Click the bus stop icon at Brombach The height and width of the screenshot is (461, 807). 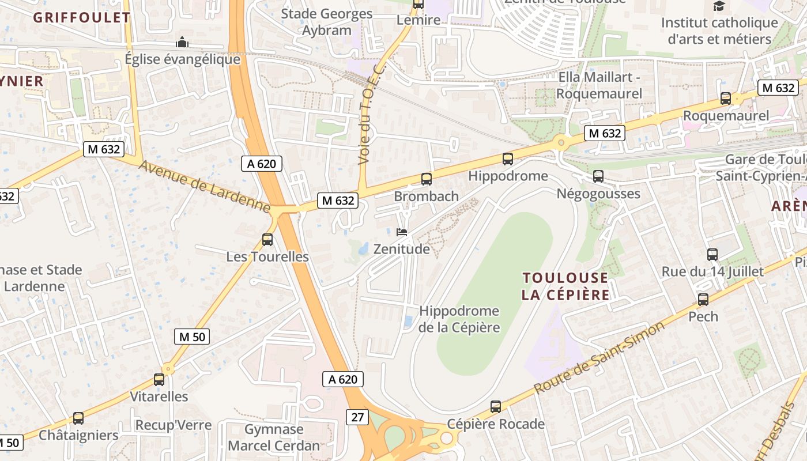[427, 179]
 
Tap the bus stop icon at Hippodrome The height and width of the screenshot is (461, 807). [508, 159]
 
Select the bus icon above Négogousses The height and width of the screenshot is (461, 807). [598, 176]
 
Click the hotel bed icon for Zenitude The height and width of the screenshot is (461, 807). [402, 232]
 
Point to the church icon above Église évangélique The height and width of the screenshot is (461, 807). [182, 42]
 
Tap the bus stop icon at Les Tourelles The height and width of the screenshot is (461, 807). [267, 239]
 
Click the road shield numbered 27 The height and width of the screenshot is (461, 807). [357, 417]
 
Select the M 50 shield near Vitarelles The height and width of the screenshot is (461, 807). [191, 337]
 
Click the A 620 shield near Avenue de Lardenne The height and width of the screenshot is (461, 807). [262, 164]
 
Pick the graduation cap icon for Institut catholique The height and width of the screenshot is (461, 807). [719, 6]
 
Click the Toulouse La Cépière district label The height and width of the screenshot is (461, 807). [565, 286]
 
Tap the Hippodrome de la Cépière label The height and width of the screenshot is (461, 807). [459, 319]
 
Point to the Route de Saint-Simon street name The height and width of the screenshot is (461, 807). [599, 358]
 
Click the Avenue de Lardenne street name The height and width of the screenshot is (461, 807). [205, 186]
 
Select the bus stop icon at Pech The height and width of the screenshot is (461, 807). [703, 300]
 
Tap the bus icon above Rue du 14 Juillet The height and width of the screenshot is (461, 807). [712, 254]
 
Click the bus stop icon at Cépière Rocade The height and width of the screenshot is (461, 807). [496, 407]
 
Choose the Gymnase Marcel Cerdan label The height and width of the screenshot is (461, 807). [274, 437]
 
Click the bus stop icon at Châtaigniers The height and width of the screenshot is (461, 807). [78, 418]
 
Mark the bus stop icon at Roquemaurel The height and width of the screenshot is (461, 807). [726, 99]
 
